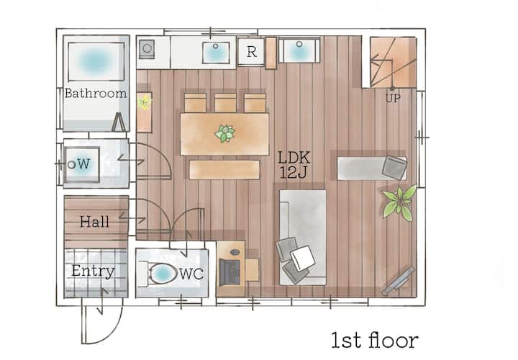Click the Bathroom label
[96, 93]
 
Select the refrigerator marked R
[251, 52]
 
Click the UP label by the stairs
[393, 98]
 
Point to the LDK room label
[294, 158]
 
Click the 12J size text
[294, 172]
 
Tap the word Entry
[93, 271]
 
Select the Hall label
[94, 222]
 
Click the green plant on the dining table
[224, 133]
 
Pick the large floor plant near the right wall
[399, 202]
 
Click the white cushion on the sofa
[302, 257]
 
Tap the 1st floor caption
[375, 340]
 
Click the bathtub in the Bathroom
[96, 62]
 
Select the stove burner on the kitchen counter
[147, 49]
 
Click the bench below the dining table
[224, 170]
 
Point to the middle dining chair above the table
[225, 103]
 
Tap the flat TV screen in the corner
[398, 281]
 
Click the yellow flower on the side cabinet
[145, 102]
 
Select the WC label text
[191, 274]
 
